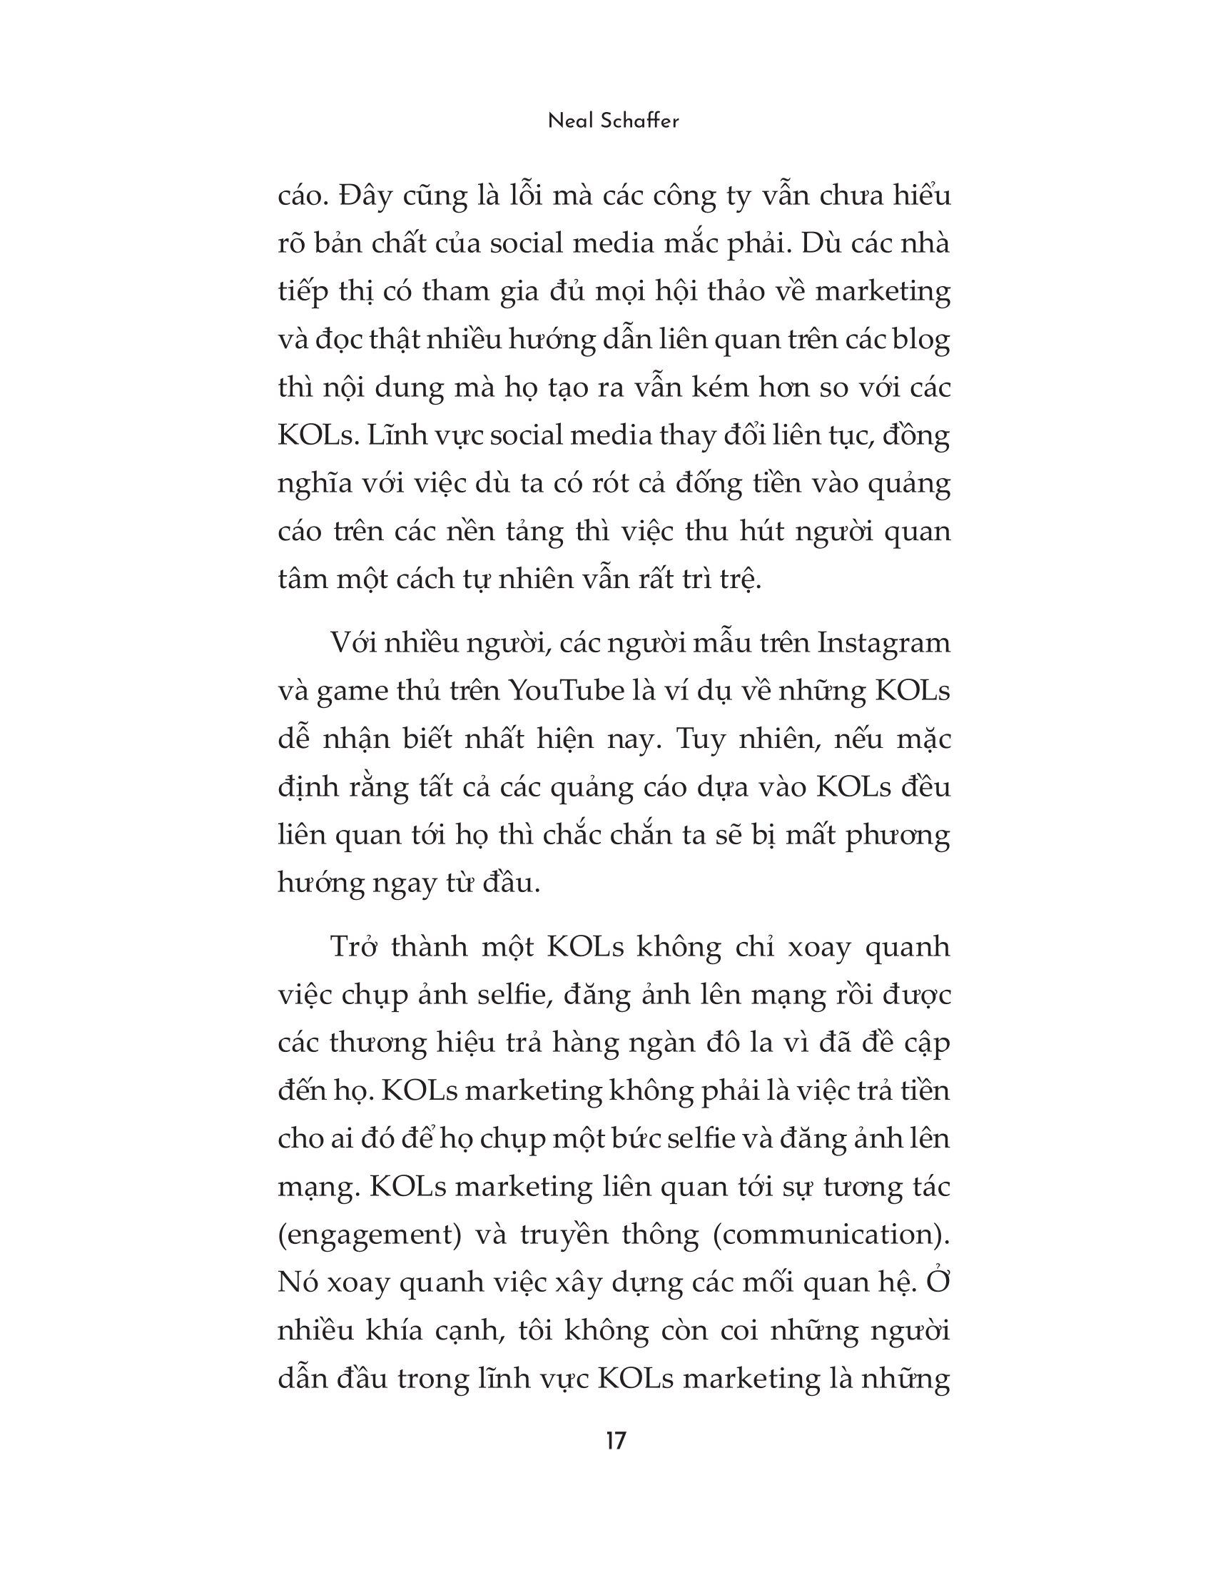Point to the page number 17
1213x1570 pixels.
pyautogui.click(x=616, y=1442)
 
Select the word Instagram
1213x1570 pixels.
pyautogui.click(x=883, y=643)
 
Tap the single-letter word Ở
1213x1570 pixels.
pyautogui.click(x=938, y=1282)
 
